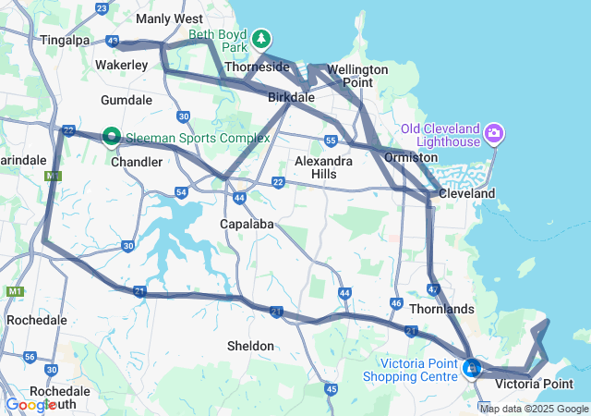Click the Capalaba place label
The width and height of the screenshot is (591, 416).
[x=243, y=224]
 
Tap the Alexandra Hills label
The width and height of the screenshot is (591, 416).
[x=322, y=167]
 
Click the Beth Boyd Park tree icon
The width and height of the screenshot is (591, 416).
[x=263, y=39]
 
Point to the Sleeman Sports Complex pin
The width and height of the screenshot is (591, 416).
[x=112, y=137]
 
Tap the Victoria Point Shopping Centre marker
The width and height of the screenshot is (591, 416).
[x=473, y=369]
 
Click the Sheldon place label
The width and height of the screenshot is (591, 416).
[x=250, y=346]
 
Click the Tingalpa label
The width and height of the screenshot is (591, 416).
[x=66, y=40]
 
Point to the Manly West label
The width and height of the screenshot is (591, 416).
[x=169, y=18]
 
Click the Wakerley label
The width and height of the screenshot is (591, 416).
[x=122, y=66]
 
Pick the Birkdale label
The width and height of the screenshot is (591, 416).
[x=292, y=97]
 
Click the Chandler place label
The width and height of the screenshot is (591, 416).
[x=137, y=162]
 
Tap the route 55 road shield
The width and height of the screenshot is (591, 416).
[x=330, y=141]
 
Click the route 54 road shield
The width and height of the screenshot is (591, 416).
[x=181, y=192]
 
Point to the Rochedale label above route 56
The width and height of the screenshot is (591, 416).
[x=37, y=320]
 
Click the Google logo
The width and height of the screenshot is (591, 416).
[x=31, y=405]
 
